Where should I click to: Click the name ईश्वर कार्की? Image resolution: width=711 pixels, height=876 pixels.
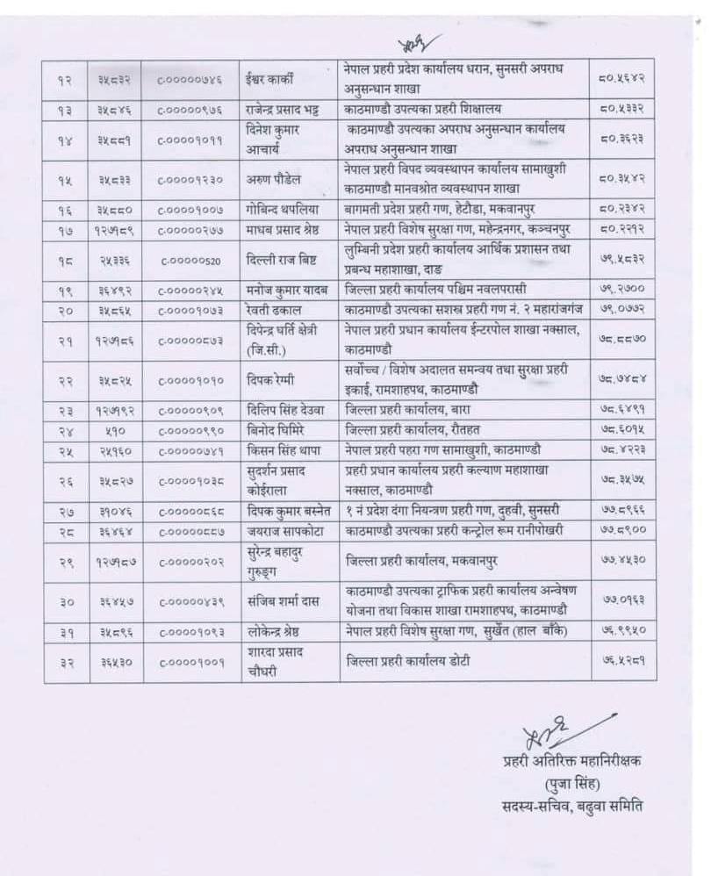pos(271,78)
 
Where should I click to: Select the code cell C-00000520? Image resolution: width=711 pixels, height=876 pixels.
pos(190,261)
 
